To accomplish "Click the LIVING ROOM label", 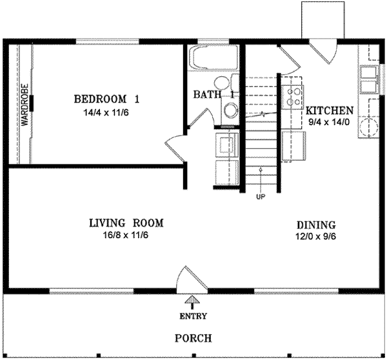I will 126,223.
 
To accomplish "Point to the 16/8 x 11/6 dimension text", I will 126,235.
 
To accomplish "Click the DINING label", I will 316,225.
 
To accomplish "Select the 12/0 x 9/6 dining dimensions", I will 316,237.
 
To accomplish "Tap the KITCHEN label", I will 330,110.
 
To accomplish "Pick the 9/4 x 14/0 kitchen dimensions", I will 330,121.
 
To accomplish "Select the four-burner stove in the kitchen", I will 294,94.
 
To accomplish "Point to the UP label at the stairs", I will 261,197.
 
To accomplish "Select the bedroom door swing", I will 175,146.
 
